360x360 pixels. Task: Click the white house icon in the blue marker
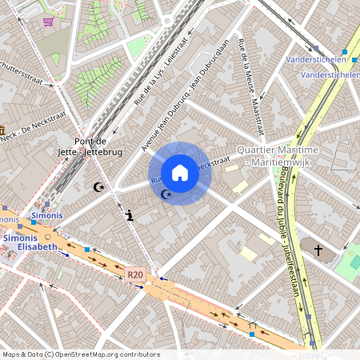pos(180,173)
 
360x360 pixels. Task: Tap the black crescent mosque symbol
pos(99,186)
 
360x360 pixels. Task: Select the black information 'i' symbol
pos(130,214)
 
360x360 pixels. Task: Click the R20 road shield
pos(135,274)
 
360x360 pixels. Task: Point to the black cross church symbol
pos(318,250)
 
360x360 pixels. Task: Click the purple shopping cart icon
pos(48,22)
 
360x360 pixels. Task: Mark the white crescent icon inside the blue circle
pos(166,194)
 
